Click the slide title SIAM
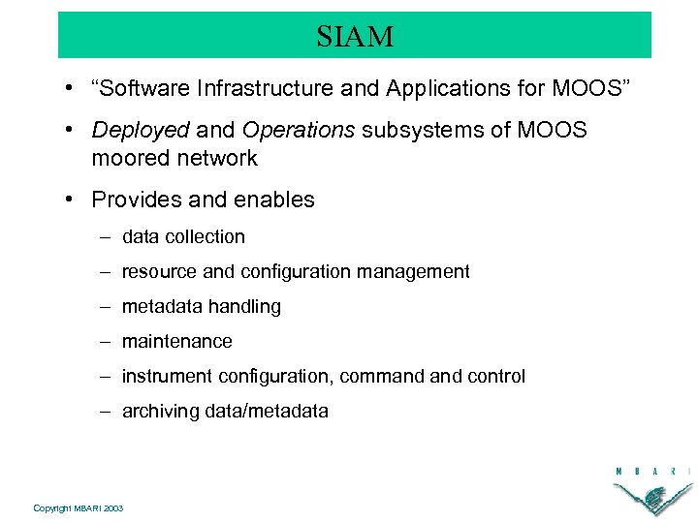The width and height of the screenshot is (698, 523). [355, 37]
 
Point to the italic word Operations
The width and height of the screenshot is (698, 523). [299, 131]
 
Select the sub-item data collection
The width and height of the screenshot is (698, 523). [183, 236]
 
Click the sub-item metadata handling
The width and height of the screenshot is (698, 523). [201, 307]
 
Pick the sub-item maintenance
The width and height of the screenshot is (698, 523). [176, 342]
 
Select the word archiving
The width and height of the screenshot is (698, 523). [161, 412]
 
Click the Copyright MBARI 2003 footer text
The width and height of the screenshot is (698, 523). [78, 508]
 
